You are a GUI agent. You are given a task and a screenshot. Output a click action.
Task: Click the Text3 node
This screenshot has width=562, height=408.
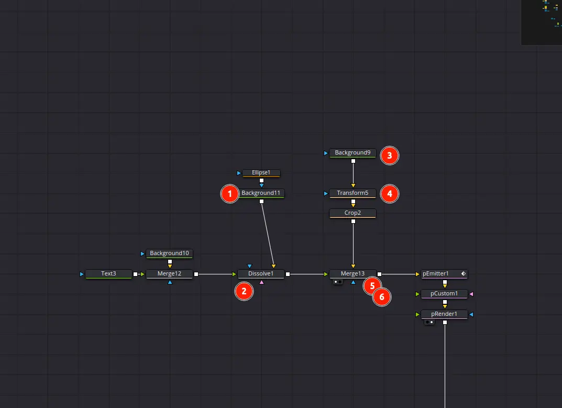pos(108,273)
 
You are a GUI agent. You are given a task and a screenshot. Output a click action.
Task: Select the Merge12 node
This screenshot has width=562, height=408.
pos(169,273)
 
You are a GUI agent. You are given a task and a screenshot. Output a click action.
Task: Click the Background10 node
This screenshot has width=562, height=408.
pos(169,253)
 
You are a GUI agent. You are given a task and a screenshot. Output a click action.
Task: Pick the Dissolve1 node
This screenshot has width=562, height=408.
pos(261,273)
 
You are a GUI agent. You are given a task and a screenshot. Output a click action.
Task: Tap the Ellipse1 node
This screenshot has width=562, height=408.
pos(261,172)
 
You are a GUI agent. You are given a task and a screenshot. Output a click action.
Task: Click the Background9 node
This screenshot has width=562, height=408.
pos(352,152)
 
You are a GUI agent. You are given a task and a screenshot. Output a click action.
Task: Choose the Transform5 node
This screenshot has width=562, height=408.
pos(352,193)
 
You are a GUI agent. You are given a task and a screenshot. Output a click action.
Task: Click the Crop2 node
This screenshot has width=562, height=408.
pos(352,213)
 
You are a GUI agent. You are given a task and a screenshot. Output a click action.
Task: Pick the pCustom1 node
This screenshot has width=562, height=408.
pos(444,294)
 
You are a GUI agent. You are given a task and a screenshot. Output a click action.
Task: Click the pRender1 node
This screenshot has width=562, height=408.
pos(444,314)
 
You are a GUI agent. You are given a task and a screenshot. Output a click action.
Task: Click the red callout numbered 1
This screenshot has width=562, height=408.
pos(229,194)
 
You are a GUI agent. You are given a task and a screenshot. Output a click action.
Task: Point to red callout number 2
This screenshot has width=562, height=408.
pos(244,291)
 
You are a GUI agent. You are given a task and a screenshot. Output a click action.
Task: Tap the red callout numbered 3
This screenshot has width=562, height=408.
pos(389,155)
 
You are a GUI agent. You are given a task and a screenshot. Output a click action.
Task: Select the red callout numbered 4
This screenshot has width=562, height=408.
pos(389,194)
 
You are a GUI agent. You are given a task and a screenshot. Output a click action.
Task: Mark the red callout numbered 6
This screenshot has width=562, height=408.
pos(382,297)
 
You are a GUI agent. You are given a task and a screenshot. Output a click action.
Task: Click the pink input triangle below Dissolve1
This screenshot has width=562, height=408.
pos(262,282)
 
